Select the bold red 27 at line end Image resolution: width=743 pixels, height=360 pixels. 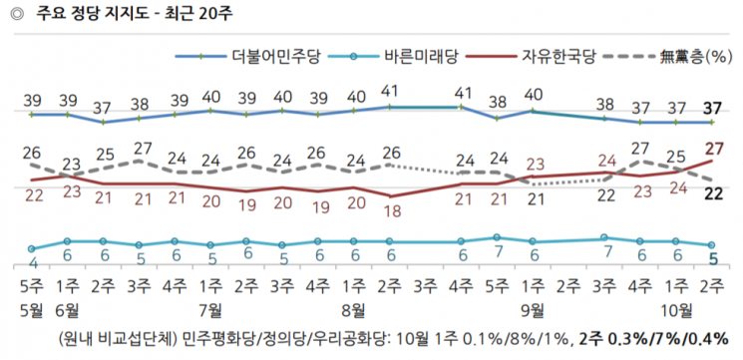[x=713, y=149]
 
